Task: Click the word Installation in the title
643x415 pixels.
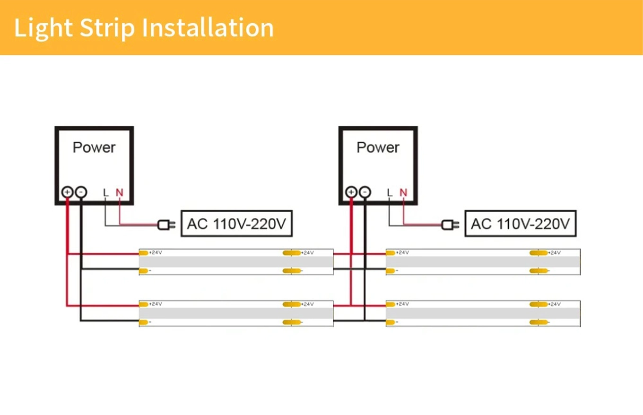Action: coord(208,27)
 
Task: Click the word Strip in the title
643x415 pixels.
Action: coord(107,28)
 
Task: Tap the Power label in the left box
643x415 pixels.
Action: coord(94,147)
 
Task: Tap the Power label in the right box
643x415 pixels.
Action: coord(378,147)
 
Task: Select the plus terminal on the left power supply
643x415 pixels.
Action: coord(68,192)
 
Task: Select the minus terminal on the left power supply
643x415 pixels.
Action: coord(81,192)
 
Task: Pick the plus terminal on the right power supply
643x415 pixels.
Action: coord(351,192)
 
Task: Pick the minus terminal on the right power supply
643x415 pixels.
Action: coord(365,192)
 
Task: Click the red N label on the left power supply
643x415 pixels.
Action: coord(120,192)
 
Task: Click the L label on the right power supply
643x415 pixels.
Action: coord(390,192)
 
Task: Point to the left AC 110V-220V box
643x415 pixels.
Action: coord(237,224)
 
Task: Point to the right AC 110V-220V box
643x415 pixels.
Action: coord(521,224)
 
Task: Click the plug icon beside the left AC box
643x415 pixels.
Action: coord(166,225)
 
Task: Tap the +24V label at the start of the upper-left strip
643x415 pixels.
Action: coord(156,252)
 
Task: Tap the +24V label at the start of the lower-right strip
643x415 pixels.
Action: coord(403,304)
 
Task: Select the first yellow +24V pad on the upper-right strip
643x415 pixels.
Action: coord(391,253)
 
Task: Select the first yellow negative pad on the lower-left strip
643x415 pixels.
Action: coord(144,322)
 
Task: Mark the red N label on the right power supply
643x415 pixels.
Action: coord(403,192)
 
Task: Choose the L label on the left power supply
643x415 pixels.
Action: coord(105,192)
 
